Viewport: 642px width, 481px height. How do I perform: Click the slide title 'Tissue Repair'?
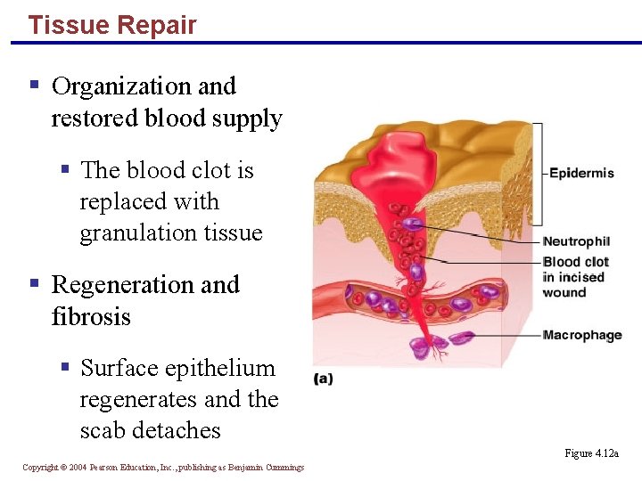(x=111, y=25)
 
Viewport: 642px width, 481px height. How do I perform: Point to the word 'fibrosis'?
(x=91, y=316)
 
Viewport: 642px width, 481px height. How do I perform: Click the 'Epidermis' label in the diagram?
(x=581, y=173)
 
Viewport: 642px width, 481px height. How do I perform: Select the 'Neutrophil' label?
(x=576, y=241)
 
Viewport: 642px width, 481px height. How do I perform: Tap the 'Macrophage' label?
(x=582, y=335)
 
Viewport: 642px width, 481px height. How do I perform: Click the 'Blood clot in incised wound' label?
(x=575, y=277)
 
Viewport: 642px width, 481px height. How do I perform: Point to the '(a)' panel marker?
(x=323, y=379)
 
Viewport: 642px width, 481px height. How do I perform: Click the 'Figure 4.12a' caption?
(x=591, y=453)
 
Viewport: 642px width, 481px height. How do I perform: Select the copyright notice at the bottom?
(x=163, y=468)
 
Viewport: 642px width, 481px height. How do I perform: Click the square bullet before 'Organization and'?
(x=34, y=86)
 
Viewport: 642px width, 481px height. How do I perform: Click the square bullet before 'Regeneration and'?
(x=34, y=284)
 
